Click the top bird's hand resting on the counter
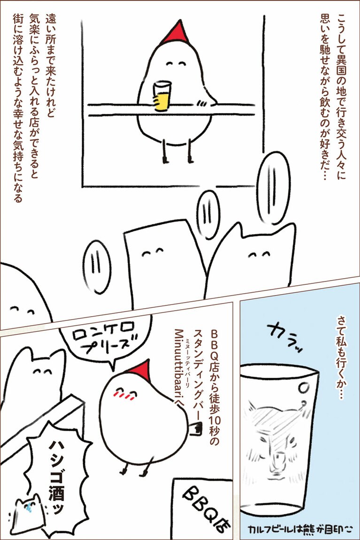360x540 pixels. tap(201, 103)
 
